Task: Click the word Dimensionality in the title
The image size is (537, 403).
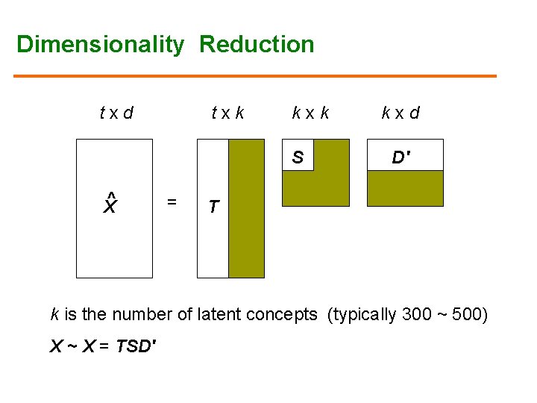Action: click(100, 45)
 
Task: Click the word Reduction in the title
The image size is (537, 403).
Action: click(257, 45)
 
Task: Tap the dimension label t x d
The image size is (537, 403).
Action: click(116, 113)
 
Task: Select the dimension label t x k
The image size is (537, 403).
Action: click(227, 113)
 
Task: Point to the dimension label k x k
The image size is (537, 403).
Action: click(310, 113)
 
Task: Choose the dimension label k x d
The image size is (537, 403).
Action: click(401, 113)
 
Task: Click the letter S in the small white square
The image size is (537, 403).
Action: click(298, 157)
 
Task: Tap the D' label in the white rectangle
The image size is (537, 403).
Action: click(401, 157)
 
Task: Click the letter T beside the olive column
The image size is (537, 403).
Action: click(213, 207)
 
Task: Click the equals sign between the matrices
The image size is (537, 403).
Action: click(172, 201)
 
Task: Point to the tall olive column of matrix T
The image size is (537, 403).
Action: click(246, 208)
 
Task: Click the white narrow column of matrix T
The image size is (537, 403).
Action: click(213, 239)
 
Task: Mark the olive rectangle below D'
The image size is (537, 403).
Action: click(405, 188)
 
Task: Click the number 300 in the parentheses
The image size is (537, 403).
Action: click(416, 314)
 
